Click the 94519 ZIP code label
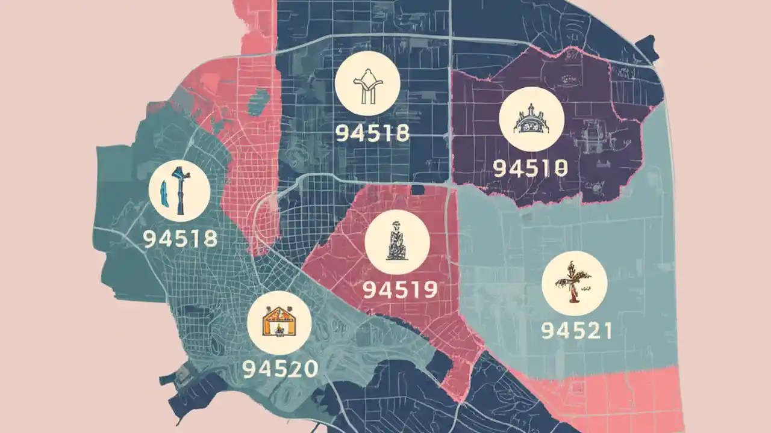[x=399, y=290]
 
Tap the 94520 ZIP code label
[x=280, y=369]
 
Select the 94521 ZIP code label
[x=576, y=330]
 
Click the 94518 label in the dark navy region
[x=372, y=133]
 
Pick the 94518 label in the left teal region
[x=180, y=239]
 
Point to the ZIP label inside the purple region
[x=530, y=168]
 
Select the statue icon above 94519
[x=397, y=242]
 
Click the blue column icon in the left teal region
[x=179, y=191]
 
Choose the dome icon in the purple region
[x=532, y=123]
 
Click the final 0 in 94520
[x=309, y=369]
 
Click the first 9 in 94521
[x=548, y=330]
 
